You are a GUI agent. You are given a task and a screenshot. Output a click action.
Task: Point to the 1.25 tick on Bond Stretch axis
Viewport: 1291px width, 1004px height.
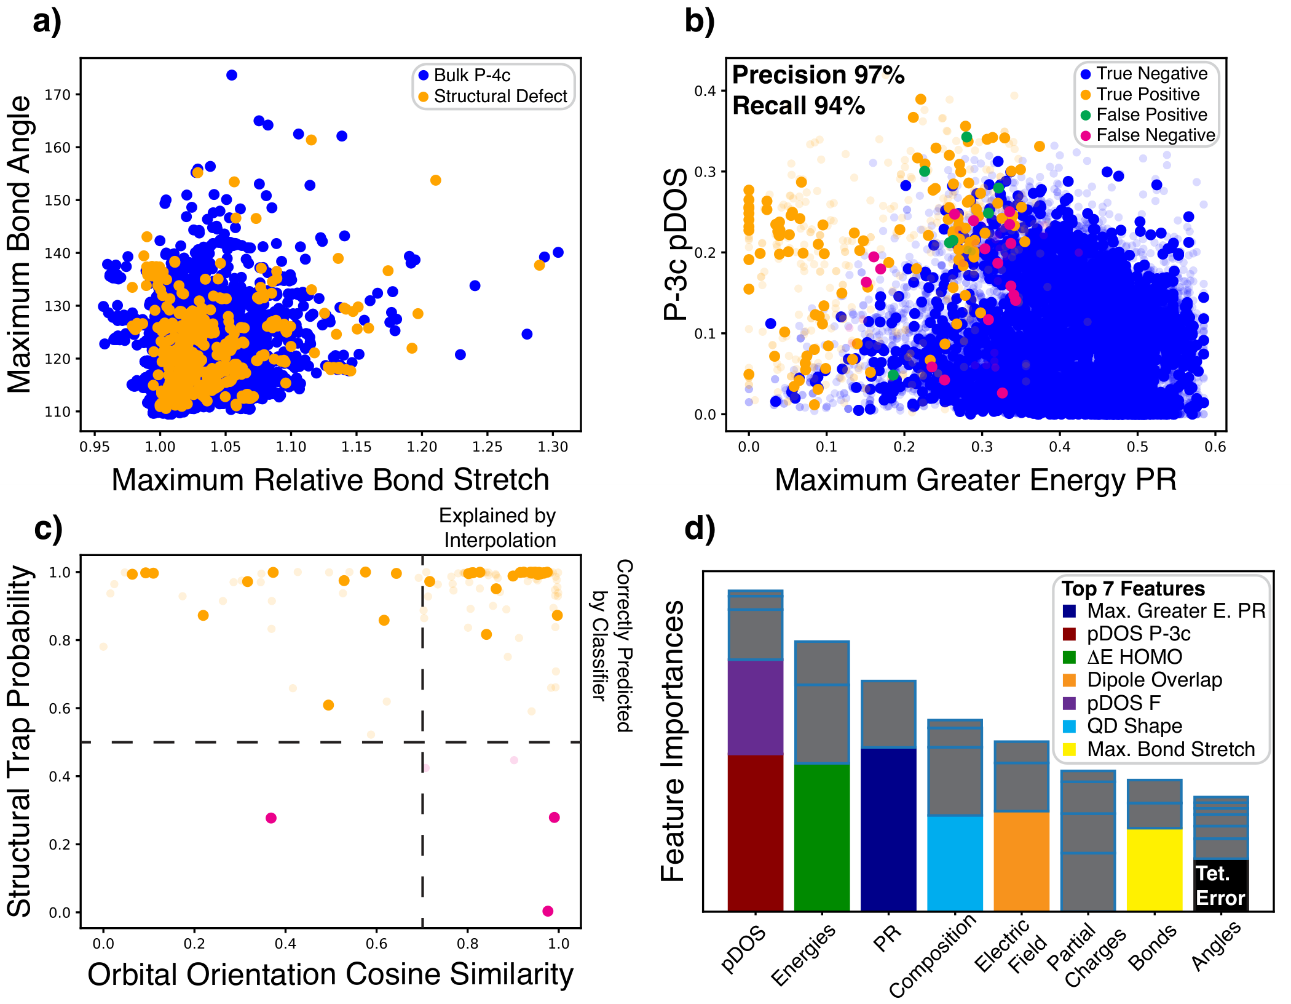click(487, 447)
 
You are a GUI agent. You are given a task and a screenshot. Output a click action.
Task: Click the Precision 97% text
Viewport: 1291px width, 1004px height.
click(818, 75)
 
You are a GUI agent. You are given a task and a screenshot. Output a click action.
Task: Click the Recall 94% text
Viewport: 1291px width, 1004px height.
click(799, 106)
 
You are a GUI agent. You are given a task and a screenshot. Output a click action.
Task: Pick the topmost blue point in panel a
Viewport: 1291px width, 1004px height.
click(232, 75)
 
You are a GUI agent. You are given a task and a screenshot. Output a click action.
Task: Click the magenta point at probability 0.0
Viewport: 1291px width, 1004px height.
click(548, 911)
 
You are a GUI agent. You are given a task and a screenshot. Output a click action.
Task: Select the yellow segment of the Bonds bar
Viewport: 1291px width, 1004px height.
click(1155, 869)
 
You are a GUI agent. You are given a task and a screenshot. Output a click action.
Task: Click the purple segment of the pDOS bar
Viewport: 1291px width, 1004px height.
click(756, 707)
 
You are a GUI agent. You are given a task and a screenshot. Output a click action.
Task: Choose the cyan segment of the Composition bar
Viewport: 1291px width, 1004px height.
click(955, 863)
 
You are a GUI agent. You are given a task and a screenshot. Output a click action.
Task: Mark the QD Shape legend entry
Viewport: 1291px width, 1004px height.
click(1134, 726)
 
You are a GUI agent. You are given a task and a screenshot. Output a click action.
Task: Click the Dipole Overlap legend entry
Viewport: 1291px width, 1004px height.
click(1154, 680)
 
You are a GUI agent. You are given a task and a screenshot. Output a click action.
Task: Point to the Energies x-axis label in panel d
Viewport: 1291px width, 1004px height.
click(804, 954)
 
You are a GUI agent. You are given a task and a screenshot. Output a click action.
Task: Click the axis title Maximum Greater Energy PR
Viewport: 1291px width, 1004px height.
click(976, 480)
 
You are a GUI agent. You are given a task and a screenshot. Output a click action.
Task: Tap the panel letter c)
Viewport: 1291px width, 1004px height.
click(49, 528)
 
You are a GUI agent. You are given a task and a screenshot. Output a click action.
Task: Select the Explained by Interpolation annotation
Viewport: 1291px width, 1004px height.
click(497, 528)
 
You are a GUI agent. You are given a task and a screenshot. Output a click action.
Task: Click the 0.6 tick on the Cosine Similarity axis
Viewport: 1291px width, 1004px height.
click(376, 943)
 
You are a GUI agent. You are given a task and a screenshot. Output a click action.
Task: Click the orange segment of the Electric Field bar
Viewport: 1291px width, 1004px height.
click(1021, 861)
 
